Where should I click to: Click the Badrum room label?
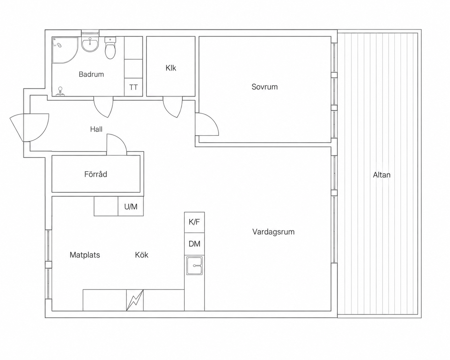pos(91,74)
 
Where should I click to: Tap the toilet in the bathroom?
pos(110,48)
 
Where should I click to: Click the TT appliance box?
pos(134,87)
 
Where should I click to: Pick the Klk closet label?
pos(171,68)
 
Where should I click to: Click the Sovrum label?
pos(264,87)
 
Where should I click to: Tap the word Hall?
pos(96,129)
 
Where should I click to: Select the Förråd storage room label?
pos(96,174)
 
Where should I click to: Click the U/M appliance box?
pos(131,207)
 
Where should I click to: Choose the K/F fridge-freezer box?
pos(194,222)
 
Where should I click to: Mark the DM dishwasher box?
pos(194,244)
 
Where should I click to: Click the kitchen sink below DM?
pos(194,266)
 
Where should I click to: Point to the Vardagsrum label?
pos(273,232)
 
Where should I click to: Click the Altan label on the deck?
pos(382,175)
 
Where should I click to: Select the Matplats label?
pos(85,255)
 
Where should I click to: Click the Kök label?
pos(142,255)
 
